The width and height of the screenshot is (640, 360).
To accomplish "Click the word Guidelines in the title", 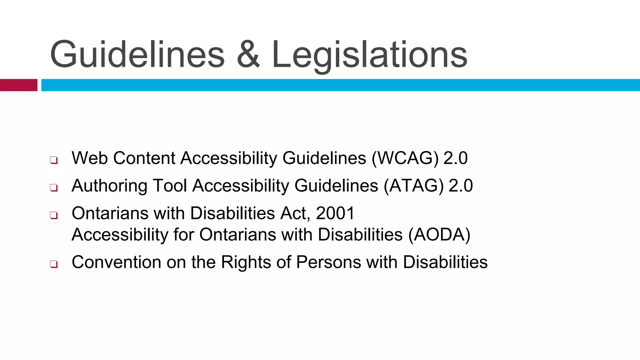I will click(137, 55).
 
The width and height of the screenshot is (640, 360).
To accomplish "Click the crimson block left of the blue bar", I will click(18, 85).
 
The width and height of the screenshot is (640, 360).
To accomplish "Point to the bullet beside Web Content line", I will click(54, 160).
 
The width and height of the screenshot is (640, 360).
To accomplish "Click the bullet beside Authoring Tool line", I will click(54, 188).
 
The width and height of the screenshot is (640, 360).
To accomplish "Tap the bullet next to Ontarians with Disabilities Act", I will click(54, 215).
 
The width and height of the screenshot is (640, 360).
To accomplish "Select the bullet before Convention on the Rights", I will click(54, 264).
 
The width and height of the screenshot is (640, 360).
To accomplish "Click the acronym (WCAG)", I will click(405, 158).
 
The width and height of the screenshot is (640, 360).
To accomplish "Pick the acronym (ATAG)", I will click(413, 186).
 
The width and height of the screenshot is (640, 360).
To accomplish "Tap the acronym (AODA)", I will click(439, 235).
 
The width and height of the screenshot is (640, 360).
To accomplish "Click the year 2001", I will click(335, 213).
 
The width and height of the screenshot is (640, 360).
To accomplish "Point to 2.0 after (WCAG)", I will click(455, 158).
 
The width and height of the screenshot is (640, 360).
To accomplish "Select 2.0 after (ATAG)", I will click(461, 186).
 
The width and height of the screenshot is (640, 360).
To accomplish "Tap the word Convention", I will click(116, 262).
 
